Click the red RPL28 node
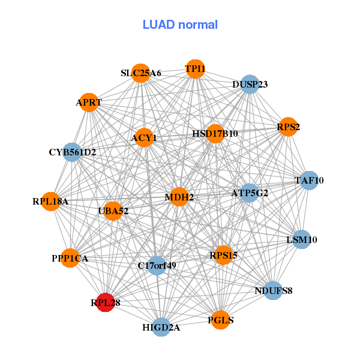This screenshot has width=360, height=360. click(106, 302)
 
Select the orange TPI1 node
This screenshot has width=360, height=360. click(195, 69)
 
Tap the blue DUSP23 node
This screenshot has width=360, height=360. click(250, 84)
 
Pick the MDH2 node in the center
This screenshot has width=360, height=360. click(179, 197)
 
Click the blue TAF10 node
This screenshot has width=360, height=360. click(309, 181)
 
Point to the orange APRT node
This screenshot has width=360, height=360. click(89, 103)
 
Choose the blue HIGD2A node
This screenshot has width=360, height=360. click(161, 327)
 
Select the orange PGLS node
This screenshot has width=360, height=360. click(220, 320)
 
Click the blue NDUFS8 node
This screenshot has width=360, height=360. click(273, 290)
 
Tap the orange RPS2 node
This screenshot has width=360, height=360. click(288, 127)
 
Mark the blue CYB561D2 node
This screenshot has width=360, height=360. click(72, 152)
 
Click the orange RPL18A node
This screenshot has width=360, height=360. click(51, 202)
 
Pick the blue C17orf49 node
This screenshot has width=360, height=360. click(157, 266)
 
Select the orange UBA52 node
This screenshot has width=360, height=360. click(113, 211)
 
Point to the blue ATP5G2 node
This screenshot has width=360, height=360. click(250, 193)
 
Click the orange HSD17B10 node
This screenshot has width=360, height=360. click(215, 134)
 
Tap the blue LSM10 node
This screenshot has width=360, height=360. click(301, 239)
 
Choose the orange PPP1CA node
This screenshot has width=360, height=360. click(70, 258)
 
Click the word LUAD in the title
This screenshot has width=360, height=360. click(158, 25)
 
